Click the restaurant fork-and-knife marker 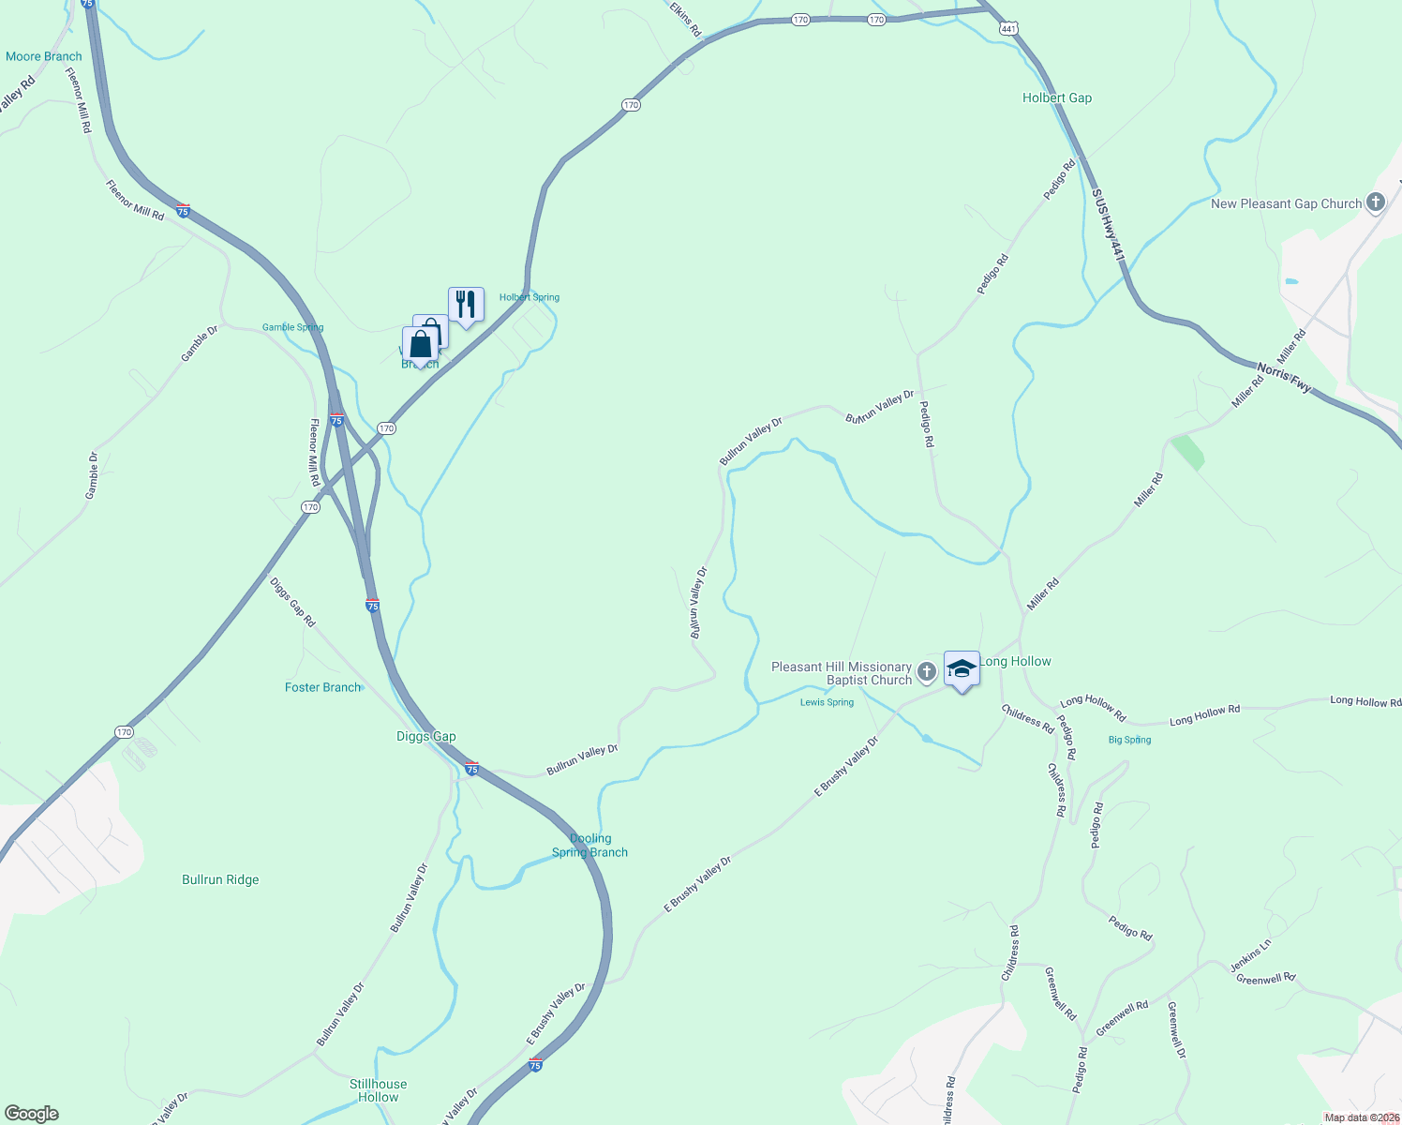(x=466, y=305)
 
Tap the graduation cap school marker (x=962, y=668)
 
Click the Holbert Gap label (x=1056, y=97)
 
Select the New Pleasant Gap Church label (x=1286, y=203)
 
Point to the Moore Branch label (x=43, y=56)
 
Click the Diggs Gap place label (x=425, y=736)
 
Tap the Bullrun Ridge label (x=220, y=879)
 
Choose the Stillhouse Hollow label (x=378, y=1090)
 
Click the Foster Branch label (x=322, y=687)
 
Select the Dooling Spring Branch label (x=589, y=846)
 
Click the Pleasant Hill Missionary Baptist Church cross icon (x=926, y=671)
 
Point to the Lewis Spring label (x=827, y=702)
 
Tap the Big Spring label (x=1129, y=740)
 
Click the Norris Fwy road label (x=1284, y=377)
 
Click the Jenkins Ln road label (x=1250, y=955)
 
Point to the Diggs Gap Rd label (x=292, y=602)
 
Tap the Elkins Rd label (x=686, y=19)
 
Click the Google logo (x=31, y=1114)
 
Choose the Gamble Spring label (x=292, y=327)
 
